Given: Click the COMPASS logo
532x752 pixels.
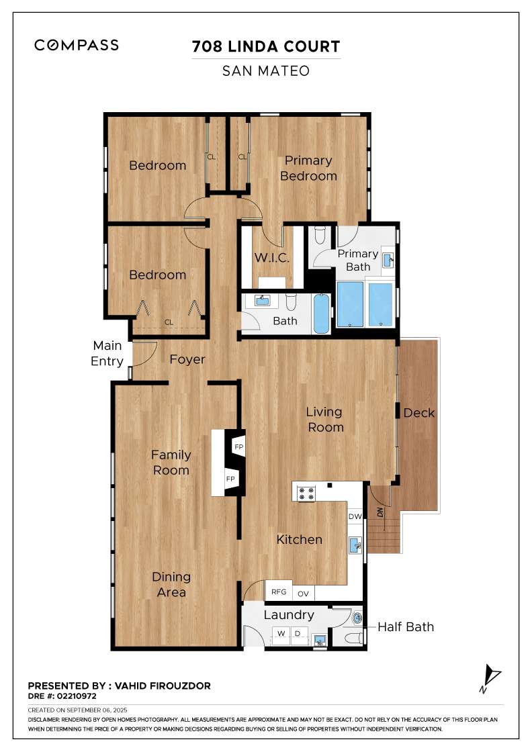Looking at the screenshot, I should point(77,45).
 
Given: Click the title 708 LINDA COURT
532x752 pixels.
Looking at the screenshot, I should point(266,46).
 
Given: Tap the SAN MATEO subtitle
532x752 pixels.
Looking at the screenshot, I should point(266,70).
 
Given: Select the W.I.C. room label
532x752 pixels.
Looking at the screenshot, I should point(271,258).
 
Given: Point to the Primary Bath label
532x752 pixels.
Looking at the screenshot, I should point(357,260).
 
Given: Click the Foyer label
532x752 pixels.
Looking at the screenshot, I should point(187,359).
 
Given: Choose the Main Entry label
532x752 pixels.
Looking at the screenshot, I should point(107,353).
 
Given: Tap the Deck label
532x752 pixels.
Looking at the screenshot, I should point(418,413).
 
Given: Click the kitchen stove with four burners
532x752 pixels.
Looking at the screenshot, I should point(306,493).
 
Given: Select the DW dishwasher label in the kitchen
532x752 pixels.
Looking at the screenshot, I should point(355,516).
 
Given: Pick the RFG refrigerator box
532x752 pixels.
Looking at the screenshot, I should point(279,592).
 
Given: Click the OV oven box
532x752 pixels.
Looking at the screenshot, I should point(304,593).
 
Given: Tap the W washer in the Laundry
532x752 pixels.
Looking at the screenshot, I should point(281,633).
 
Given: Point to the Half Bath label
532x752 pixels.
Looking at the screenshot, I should point(405,626).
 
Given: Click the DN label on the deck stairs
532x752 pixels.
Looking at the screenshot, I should point(381,512).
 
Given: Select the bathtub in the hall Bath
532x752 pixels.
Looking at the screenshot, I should point(323,314).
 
